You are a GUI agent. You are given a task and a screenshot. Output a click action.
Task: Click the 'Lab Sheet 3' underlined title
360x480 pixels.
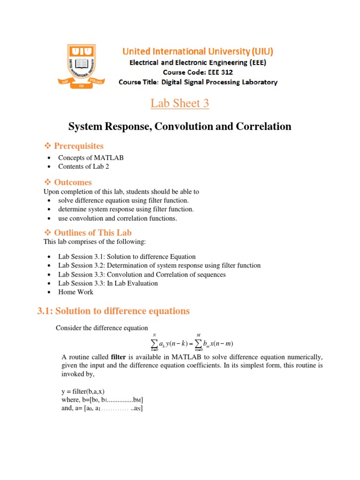pos(180,103)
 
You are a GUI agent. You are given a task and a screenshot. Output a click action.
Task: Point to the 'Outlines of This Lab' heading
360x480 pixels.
pos(92,232)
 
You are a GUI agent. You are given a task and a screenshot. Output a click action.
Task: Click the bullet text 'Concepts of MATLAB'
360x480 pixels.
pos(91,157)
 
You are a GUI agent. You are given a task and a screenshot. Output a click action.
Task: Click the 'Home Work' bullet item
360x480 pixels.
pos(75,292)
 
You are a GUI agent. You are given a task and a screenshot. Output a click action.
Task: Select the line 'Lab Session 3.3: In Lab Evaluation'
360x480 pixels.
pos(108,283)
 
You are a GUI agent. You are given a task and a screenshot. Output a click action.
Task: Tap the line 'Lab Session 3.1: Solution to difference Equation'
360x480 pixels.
pos(127,257)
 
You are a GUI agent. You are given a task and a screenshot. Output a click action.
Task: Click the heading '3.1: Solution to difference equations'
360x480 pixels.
pos(113,311)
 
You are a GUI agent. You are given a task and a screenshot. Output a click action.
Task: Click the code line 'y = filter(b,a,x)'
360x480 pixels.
pos(86,391)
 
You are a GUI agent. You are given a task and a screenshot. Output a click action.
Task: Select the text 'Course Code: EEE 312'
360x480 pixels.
pos(197,72)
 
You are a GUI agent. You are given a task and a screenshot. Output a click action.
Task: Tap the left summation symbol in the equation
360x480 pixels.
pos(154,344)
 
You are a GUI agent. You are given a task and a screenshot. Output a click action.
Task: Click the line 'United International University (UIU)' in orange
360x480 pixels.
pos(198,51)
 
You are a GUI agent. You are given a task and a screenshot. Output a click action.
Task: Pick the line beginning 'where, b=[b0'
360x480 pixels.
pos(102,400)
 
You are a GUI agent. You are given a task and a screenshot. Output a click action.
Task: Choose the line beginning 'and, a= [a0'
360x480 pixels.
pos(102,409)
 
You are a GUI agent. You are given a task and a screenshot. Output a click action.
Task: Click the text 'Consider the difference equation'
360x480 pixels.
pos(102,328)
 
